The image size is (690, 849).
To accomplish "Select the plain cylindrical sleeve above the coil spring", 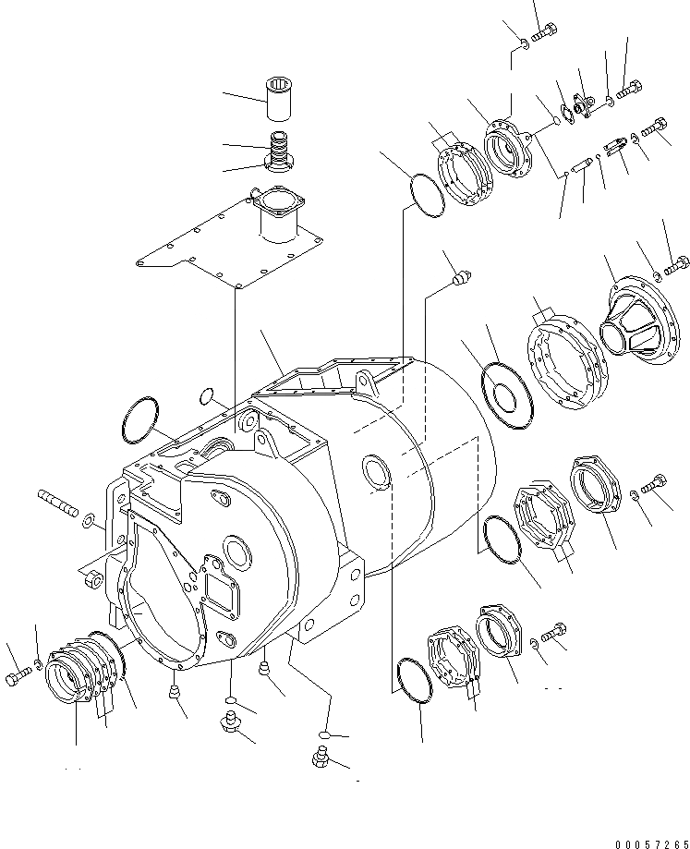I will pos(279,101).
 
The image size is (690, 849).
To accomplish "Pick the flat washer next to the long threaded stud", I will pos(88,522).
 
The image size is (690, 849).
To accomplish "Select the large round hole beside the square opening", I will pos(237,556).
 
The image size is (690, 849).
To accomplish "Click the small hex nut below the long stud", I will pos(92,582).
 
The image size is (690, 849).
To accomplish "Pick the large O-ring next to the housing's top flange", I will pos(139,421).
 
